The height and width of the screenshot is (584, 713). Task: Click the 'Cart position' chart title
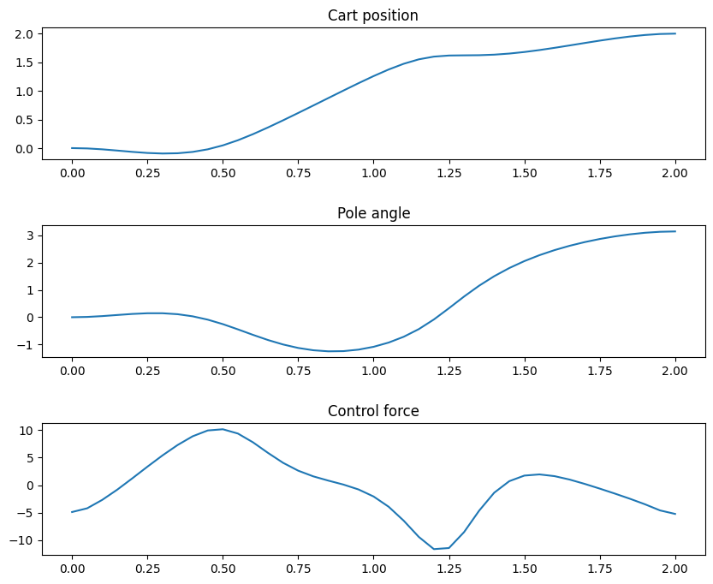[373, 15]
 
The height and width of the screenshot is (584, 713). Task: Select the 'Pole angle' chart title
[373, 213]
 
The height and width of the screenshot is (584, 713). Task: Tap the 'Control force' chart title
[373, 411]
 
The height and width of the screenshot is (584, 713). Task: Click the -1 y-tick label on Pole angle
[27, 345]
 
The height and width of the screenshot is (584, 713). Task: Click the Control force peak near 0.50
[223, 429]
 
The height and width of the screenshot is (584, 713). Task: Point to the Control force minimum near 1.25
[435, 549]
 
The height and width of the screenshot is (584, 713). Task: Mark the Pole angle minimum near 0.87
[335, 351]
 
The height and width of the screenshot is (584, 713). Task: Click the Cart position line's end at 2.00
[675, 33]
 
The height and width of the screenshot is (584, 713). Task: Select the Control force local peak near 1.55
[539, 474]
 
